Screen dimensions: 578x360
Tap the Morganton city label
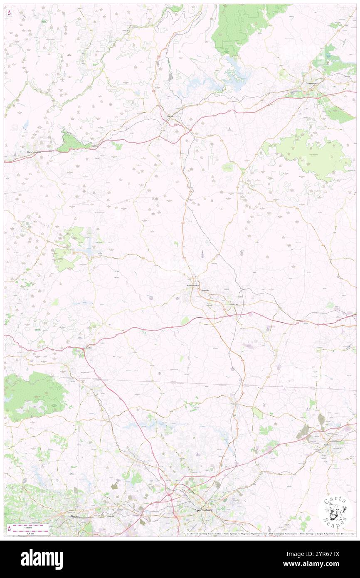pos(311,83)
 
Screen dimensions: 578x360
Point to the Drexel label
pos(348,77)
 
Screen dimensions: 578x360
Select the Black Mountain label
pos(35,152)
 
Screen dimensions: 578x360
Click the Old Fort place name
pos(95,146)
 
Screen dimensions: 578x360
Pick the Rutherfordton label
pos(192,286)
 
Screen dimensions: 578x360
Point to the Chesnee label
pos(236,404)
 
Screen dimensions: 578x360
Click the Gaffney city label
pos(329,444)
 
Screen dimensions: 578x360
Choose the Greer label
pos(75,516)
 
